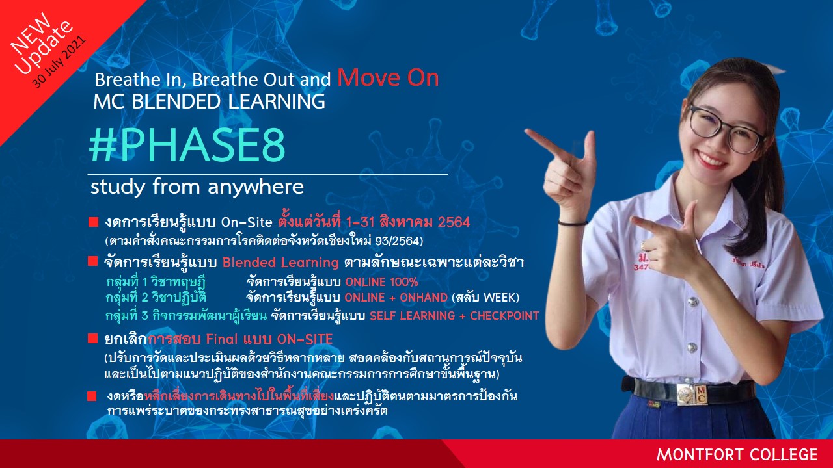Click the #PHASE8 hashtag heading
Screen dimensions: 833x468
187,145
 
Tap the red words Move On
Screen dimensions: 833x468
388,78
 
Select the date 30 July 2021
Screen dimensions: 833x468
59,62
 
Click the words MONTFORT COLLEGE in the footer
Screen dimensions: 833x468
737,454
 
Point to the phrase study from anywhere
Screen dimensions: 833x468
197,187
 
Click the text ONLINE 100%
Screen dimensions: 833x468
382,282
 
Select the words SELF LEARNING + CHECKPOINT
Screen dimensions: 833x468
454,316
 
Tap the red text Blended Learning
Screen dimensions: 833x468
280,263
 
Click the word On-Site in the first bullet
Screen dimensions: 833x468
247,222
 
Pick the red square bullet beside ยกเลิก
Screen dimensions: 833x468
92,339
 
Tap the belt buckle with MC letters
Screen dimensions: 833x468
692,395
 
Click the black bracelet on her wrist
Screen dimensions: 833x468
573,223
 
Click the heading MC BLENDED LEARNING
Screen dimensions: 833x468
210,101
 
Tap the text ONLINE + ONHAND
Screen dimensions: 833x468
396,298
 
